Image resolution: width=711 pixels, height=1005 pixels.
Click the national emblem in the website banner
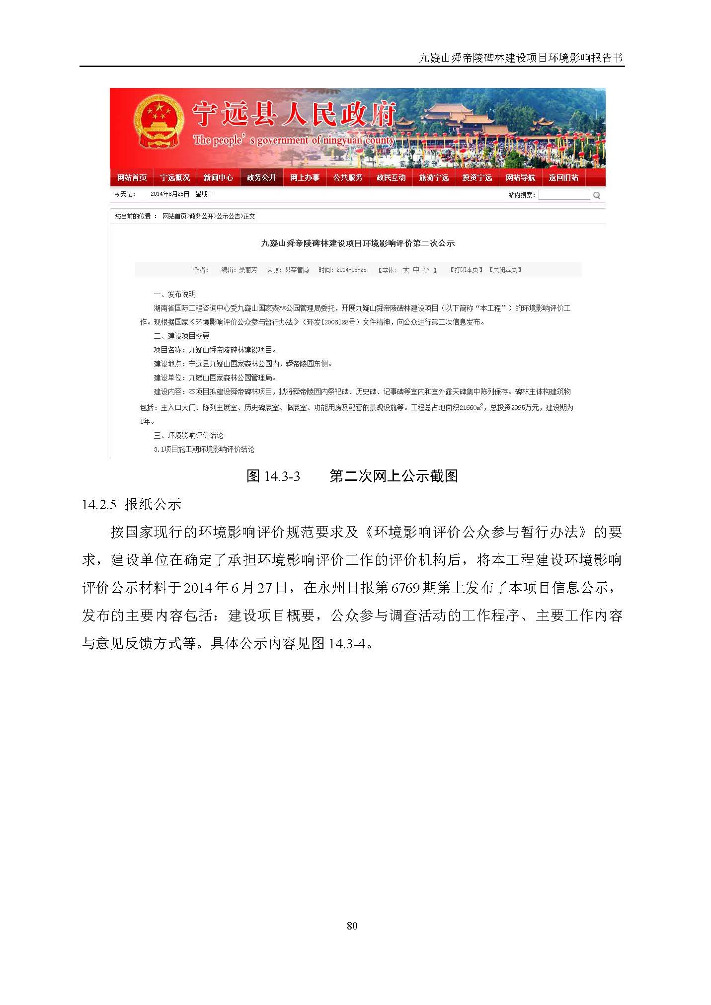[x=158, y=122]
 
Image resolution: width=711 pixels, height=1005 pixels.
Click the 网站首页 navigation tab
[x=132, y=177]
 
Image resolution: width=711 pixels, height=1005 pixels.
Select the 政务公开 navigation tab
[x=261, y=177]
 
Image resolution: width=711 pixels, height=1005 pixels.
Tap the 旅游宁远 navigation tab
[x=434, y=177]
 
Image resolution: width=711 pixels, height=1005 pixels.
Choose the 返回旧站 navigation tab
[x=563, y=177]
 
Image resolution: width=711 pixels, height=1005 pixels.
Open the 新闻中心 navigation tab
[x=218, y=177]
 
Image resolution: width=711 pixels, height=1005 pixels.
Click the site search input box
[x=564, y=195]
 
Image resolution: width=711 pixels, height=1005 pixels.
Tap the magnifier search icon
[x=597, y=195]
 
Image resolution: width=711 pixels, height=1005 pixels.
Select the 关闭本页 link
[x=505, y=270]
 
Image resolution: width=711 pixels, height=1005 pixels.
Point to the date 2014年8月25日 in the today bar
[x=170, y=194]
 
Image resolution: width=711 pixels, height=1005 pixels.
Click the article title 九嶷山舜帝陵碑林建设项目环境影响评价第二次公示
[x=358, y=243]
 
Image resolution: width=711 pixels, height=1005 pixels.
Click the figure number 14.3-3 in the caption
[x=282, y=476]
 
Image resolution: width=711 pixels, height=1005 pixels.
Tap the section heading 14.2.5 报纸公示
[x=131, y=504]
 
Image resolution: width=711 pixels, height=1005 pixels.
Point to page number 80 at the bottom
[x=352, y=926]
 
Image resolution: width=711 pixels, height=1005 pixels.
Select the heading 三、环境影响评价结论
[x=188, y=435]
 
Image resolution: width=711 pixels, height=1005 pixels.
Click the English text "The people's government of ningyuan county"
[x=293, y=141]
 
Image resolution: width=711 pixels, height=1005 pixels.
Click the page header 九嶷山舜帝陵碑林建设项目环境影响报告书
[x=521, y=58]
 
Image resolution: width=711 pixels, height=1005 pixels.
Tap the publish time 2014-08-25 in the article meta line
[x=351, y=270]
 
